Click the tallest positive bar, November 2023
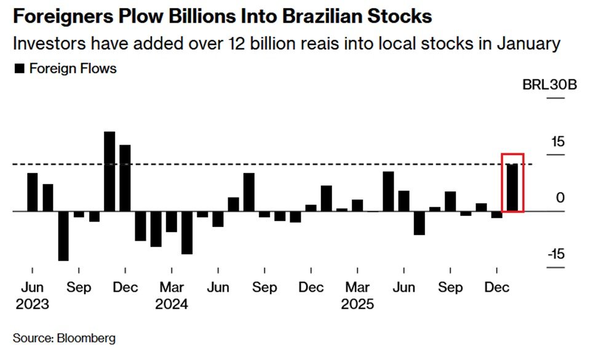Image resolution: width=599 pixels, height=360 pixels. pos(109,172)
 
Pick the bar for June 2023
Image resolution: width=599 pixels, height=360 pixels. pos(32,192)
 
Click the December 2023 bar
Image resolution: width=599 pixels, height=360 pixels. pos(125,178)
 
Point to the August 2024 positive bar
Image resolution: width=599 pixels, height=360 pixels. pos(248,192)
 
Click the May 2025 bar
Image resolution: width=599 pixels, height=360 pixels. pos(388,191)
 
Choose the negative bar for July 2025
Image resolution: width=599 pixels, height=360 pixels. pos(419,223)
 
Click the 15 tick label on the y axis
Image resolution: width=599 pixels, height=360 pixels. pos(557,142)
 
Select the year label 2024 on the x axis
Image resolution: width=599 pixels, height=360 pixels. pos(171,304)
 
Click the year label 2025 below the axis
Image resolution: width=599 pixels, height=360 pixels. pos(357,304)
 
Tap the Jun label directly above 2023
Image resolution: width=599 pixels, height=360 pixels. pos(32,288)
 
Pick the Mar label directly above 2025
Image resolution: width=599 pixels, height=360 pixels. pos(357,288)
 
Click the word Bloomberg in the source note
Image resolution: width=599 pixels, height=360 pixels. pos(86,338)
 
